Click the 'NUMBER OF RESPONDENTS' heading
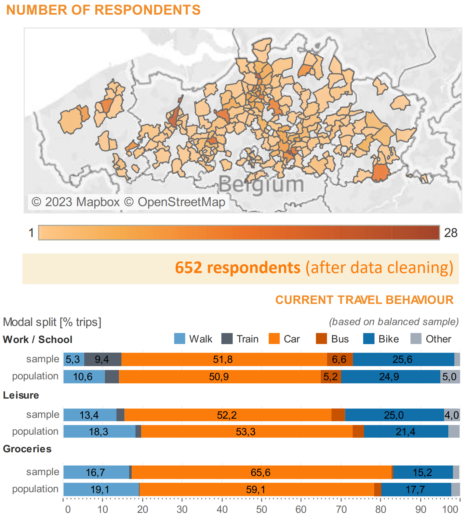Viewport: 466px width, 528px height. (x=103, y=10)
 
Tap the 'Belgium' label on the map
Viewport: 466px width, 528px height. (x=261, y=184)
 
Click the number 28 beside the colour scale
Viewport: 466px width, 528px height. (x=450, y=233)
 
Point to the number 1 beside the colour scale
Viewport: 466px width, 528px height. (x=31, y=233)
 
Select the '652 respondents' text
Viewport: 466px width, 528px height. (x=238, y=268)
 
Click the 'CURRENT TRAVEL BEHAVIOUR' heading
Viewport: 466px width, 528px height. (x=364, y=300)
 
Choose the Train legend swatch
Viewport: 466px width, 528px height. (x=227, y=339)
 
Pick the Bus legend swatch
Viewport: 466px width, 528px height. (x=321, y=339)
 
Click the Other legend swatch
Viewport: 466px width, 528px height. (x=416, y=339)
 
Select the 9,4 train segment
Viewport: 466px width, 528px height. (x=102, y=359)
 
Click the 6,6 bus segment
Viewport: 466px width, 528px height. (x=340, y=359)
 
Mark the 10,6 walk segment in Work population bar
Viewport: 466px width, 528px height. (x=83, y=376)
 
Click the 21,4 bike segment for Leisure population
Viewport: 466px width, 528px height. (x=406, y=431)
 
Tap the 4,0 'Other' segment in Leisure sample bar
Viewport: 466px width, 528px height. (x=452, y=415)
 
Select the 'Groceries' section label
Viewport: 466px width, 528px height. (x=27, y=449)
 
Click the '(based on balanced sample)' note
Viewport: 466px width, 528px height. (x=394, y=322)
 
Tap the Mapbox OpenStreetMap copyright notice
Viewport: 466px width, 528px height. (x=128, y=202)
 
